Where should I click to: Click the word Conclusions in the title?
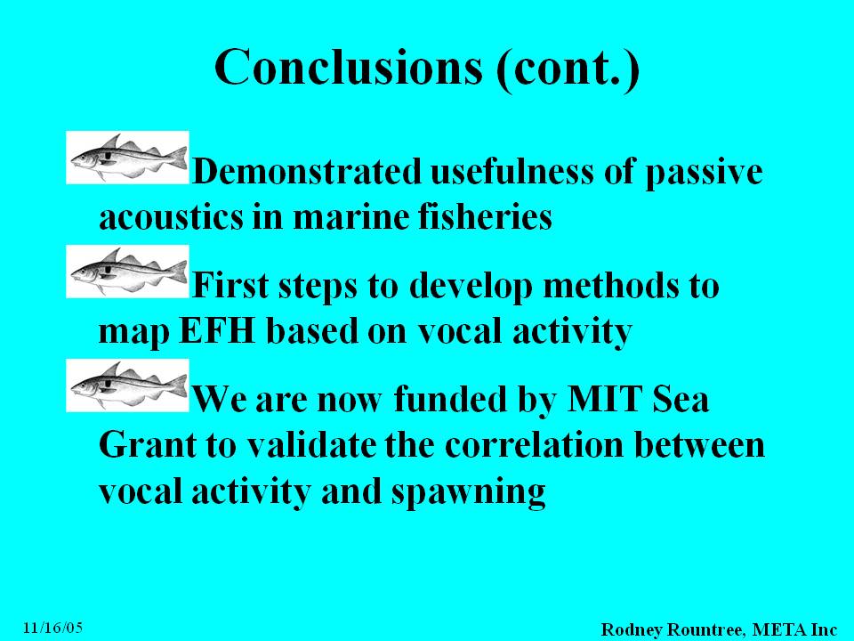(349, 67)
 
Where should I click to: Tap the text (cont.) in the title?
(568, 69)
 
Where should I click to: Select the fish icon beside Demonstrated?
(127, 158)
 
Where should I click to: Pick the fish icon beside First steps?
(127, 272)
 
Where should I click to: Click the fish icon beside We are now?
(127, 385)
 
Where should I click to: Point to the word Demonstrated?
(307, 171)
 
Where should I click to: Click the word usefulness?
(512, 171)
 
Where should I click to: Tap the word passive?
(704, 174)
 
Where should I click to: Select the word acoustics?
(171, 216)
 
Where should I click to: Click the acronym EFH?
(217, 331)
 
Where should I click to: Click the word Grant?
(148, 445)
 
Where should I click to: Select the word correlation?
(534, 445)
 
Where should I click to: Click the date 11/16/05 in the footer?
(52, 628)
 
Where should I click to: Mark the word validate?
(311, 445)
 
